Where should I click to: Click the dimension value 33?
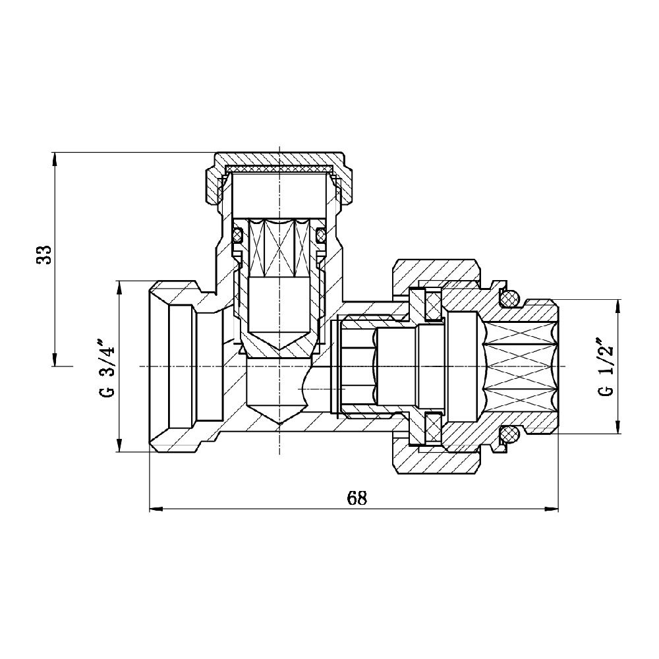[x=43, y=255]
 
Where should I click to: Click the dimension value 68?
[x=357, y=498]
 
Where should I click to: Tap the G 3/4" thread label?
[x=105, y=369]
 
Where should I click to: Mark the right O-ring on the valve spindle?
[x=321, y=234]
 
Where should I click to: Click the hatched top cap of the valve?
[x=280, y=160]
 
